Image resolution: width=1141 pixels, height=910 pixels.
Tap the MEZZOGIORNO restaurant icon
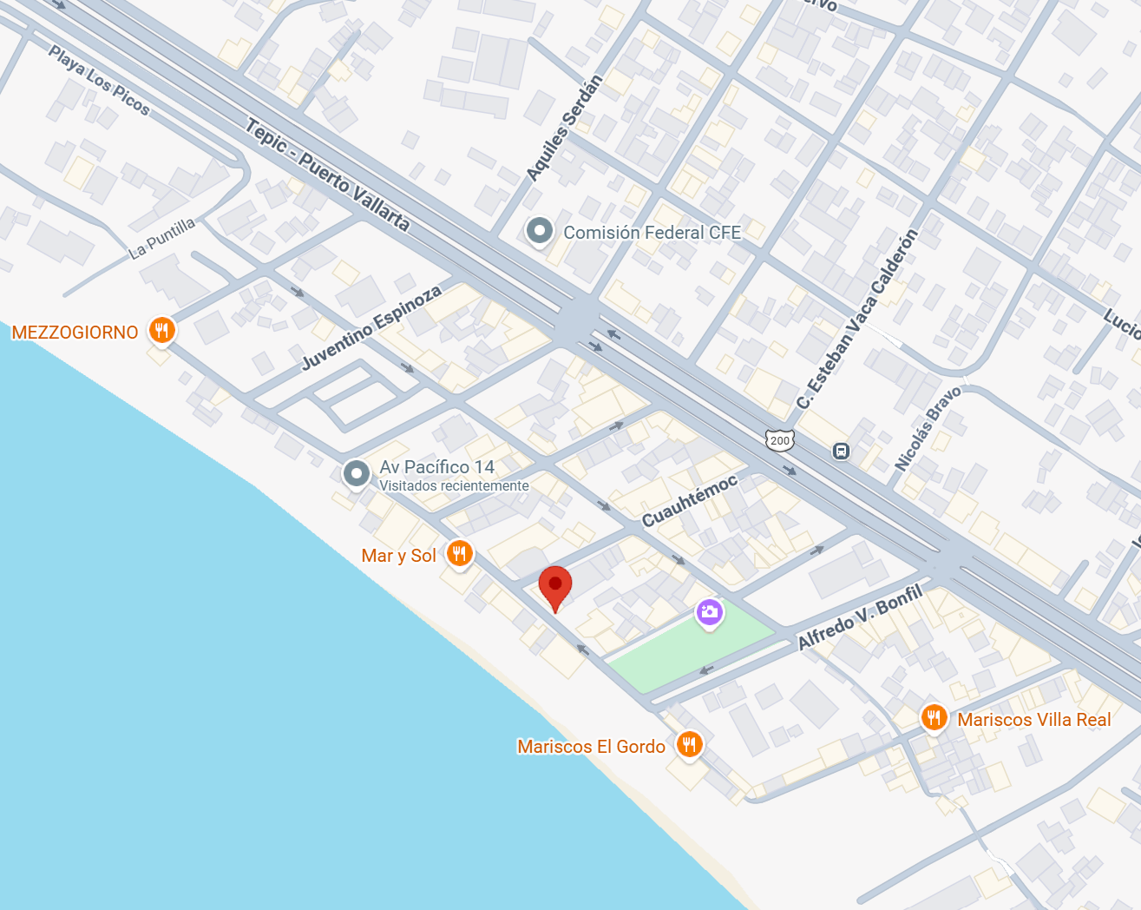click(161, 330)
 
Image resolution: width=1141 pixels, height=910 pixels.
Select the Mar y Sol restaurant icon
click(460, 553)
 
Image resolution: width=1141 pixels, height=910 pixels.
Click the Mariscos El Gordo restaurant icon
click(689, 743)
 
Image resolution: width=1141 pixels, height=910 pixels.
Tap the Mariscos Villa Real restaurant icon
click(934, 717)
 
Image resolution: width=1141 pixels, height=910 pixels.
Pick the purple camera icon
click(709, 612)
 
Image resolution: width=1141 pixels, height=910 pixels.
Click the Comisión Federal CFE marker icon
click(540, 231)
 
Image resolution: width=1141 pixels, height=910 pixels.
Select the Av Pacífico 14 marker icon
click(356, 473)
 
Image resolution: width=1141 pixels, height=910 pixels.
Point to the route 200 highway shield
click(780, 440)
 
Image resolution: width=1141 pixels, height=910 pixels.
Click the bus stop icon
click(841, 451)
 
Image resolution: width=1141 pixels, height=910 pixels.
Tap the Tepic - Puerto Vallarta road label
click(327, 175)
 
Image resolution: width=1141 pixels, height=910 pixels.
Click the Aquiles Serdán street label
click(565, 128)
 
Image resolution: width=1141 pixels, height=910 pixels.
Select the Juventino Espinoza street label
click(371, 327)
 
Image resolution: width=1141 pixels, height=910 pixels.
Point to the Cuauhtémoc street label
click(690, 500)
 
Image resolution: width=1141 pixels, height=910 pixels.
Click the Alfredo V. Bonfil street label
click(860, 617)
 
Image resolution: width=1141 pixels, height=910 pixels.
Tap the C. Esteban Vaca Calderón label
click(857, 320)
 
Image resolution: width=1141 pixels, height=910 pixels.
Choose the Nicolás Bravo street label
click(928, 429)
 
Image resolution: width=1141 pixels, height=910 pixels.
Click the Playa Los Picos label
click(99, 81)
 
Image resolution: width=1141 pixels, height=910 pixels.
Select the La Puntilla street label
click(162, 238)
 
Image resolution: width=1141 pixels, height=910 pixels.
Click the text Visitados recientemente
click(454, 486)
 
